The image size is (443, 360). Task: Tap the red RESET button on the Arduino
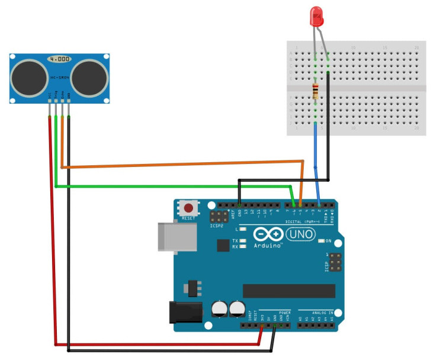[188, 208]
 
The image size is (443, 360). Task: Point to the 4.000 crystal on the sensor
[59, 60]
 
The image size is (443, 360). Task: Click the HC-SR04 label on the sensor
[59, 78]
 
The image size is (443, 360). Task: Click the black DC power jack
[183, 312]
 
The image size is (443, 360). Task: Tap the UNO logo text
[301, 234]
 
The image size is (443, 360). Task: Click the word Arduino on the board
[268, 245]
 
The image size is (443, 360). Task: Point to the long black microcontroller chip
[289, 291]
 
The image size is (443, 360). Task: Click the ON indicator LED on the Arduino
[321, 242]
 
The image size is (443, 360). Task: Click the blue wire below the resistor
[316, 157]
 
